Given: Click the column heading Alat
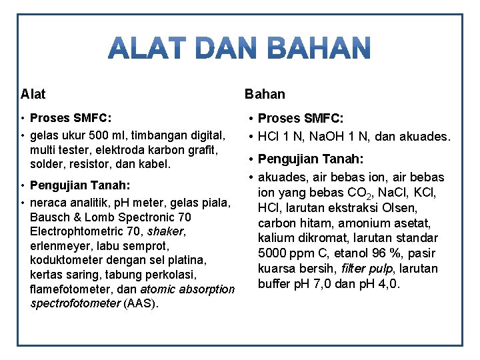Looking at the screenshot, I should click(33, 94).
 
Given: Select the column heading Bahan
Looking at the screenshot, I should click(265, 94).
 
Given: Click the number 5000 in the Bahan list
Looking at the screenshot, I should click(271, 253).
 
